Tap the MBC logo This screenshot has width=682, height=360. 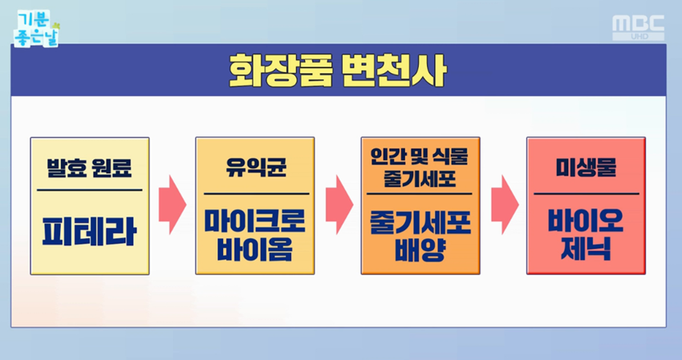639,27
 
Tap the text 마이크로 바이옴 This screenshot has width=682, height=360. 254,236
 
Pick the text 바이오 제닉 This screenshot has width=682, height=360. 586,236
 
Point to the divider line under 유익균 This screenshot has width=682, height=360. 254,193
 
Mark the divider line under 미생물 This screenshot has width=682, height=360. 586,193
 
